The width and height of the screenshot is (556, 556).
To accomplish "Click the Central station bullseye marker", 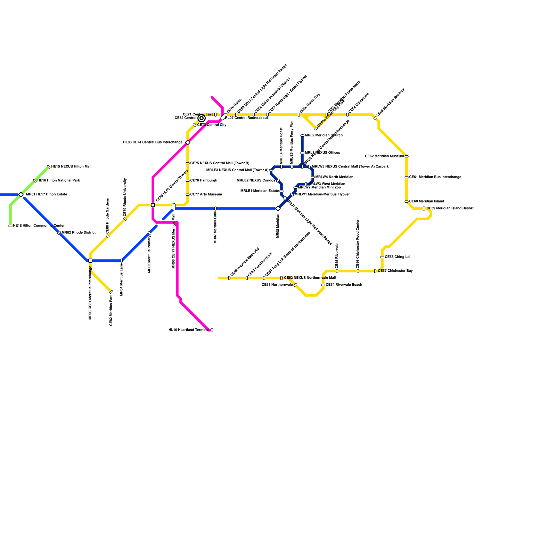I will (202, 118).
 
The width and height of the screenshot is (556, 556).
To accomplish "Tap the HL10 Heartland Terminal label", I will (189, 330).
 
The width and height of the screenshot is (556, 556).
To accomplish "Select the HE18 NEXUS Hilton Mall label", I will (71, 167).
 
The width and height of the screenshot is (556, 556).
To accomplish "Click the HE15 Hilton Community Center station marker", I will (10, 226).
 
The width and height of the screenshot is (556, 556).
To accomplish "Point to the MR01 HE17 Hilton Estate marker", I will (21, 195).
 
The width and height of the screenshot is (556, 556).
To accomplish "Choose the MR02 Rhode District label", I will (79, 233).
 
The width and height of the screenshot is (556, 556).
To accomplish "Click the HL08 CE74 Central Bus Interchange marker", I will (188, 142).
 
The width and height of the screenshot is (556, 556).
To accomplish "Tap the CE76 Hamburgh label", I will (204, 181).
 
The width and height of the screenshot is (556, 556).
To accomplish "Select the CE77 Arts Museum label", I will (206, 195).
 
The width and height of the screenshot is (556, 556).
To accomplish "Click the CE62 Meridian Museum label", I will (384, 156).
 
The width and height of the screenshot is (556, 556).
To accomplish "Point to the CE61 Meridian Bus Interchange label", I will (435, 177).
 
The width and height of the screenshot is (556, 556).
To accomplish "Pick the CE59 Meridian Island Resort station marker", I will (424, 208).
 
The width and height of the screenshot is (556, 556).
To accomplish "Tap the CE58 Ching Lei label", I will (398, 257).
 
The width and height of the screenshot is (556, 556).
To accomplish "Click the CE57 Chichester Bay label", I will (395, 271).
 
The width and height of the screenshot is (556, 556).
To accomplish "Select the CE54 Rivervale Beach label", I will (344, 285).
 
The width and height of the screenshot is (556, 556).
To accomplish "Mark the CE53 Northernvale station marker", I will (295, 285).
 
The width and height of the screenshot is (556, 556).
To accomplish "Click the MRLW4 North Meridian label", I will (334, 177).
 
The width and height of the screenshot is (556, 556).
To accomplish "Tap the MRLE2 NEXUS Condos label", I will (256, 181).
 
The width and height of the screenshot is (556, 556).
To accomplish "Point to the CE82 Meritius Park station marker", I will (111, 292).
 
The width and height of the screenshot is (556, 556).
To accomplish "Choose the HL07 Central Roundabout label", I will (247, 118).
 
